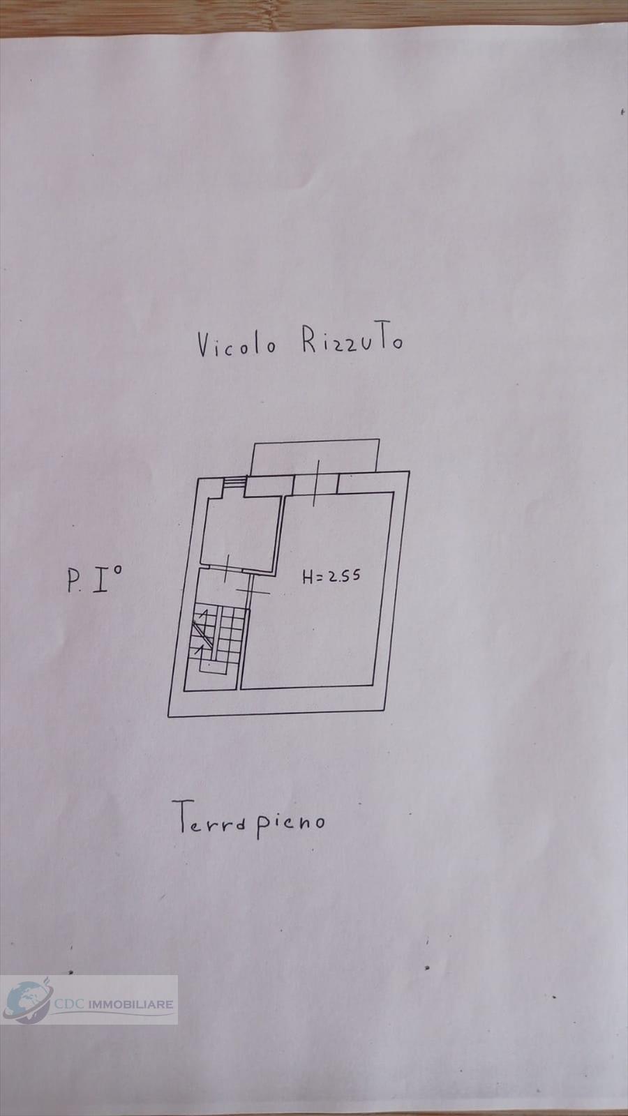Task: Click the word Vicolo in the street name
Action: [x=236, y=345]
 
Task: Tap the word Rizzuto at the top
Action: [x=352, y=342]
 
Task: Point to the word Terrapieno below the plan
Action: [x=248, y=821]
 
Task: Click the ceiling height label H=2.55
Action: [x=331, y=577]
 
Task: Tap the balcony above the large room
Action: [x=315, y=456]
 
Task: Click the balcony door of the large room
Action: [x=315, y=483]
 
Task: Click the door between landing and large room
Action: [x=249, y=591]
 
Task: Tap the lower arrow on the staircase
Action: [x=202, y=647]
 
